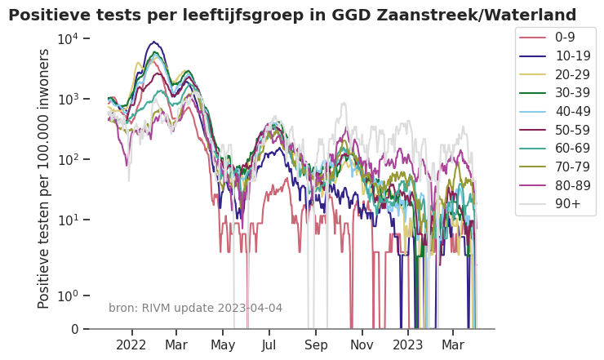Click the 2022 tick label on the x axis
[x=131, y=345]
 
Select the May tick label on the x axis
[x=223, y=345]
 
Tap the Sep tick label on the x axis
[x=316, y=345]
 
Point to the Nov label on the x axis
[x=362, y=345]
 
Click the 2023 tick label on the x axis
[x=408, y=345]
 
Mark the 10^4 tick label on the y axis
[x=68, y=38]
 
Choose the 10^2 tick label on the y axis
[x=68, y=159]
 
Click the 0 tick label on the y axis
[x=74, y=329]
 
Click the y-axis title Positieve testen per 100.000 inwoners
[x=44, y=178]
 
